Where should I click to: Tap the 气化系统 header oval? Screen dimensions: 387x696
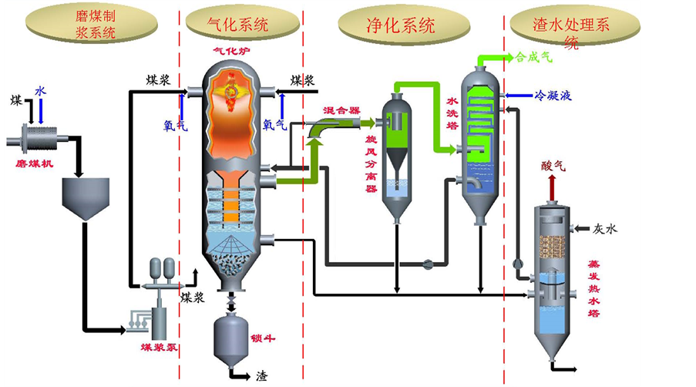click(x=238, y=24)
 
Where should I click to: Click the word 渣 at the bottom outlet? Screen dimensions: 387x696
click(x=262, y=377)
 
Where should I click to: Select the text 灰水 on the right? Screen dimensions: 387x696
click(x=605, y=229)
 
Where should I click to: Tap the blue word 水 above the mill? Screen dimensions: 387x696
click(x=40, y=91)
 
